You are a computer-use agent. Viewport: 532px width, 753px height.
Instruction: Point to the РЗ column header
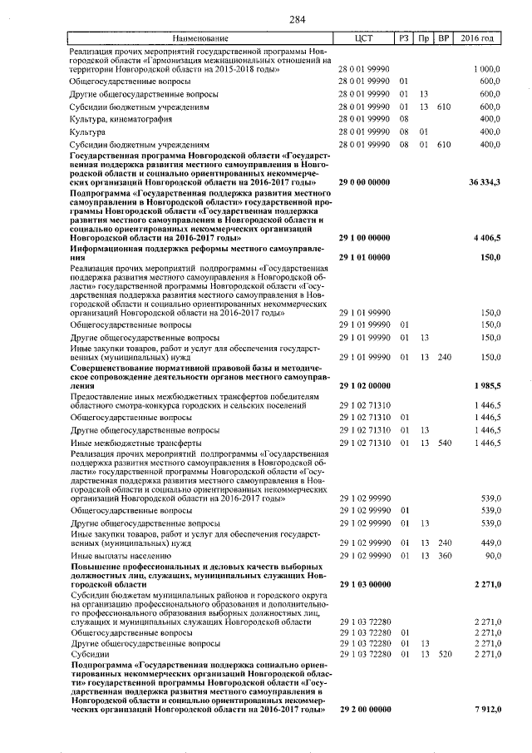coord(404,39)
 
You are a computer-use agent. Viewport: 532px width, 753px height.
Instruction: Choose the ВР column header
coord(444,39)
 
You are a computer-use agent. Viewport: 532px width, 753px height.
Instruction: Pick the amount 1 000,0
coord(485,68)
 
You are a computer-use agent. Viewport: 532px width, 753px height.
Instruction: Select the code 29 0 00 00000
coord(365,181)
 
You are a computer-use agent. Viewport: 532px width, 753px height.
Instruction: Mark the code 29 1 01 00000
coord(365,257)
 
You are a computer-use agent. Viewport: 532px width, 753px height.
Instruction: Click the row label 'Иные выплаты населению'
coord(121,554)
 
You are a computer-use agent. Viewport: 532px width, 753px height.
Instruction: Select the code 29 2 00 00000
coord(365,709)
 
